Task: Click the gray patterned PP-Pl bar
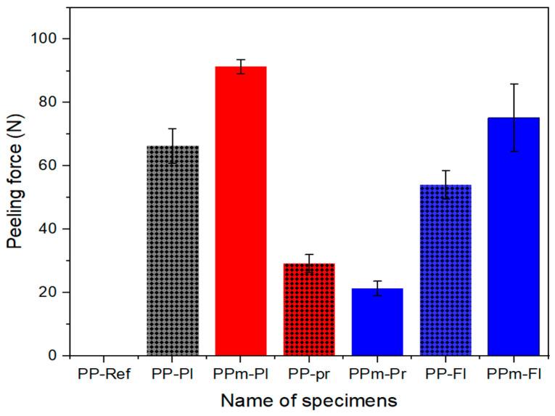[173, 250]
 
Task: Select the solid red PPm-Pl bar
[241, 211]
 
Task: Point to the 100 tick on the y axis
[49, 38]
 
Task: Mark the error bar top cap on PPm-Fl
[514, 84]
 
